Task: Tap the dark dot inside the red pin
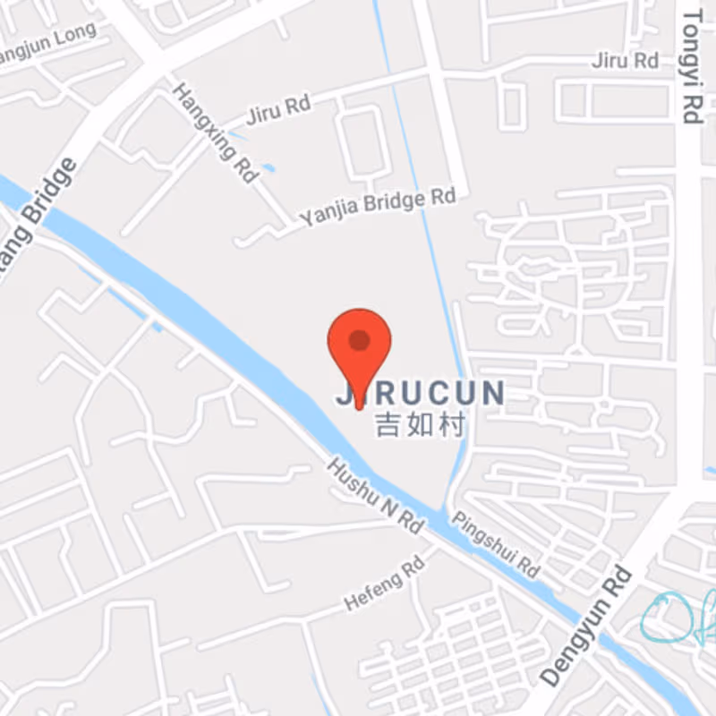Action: pyautogui.click(x=360, y=340)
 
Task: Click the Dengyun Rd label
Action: pyautogui.click(x=586, y=626)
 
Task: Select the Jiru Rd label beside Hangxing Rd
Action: pyautogui.click(x=277, y=111)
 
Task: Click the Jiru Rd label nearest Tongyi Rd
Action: pyautogui.click(x=626, y=61)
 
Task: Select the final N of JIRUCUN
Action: pyautogui.click(x=493, y=393)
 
